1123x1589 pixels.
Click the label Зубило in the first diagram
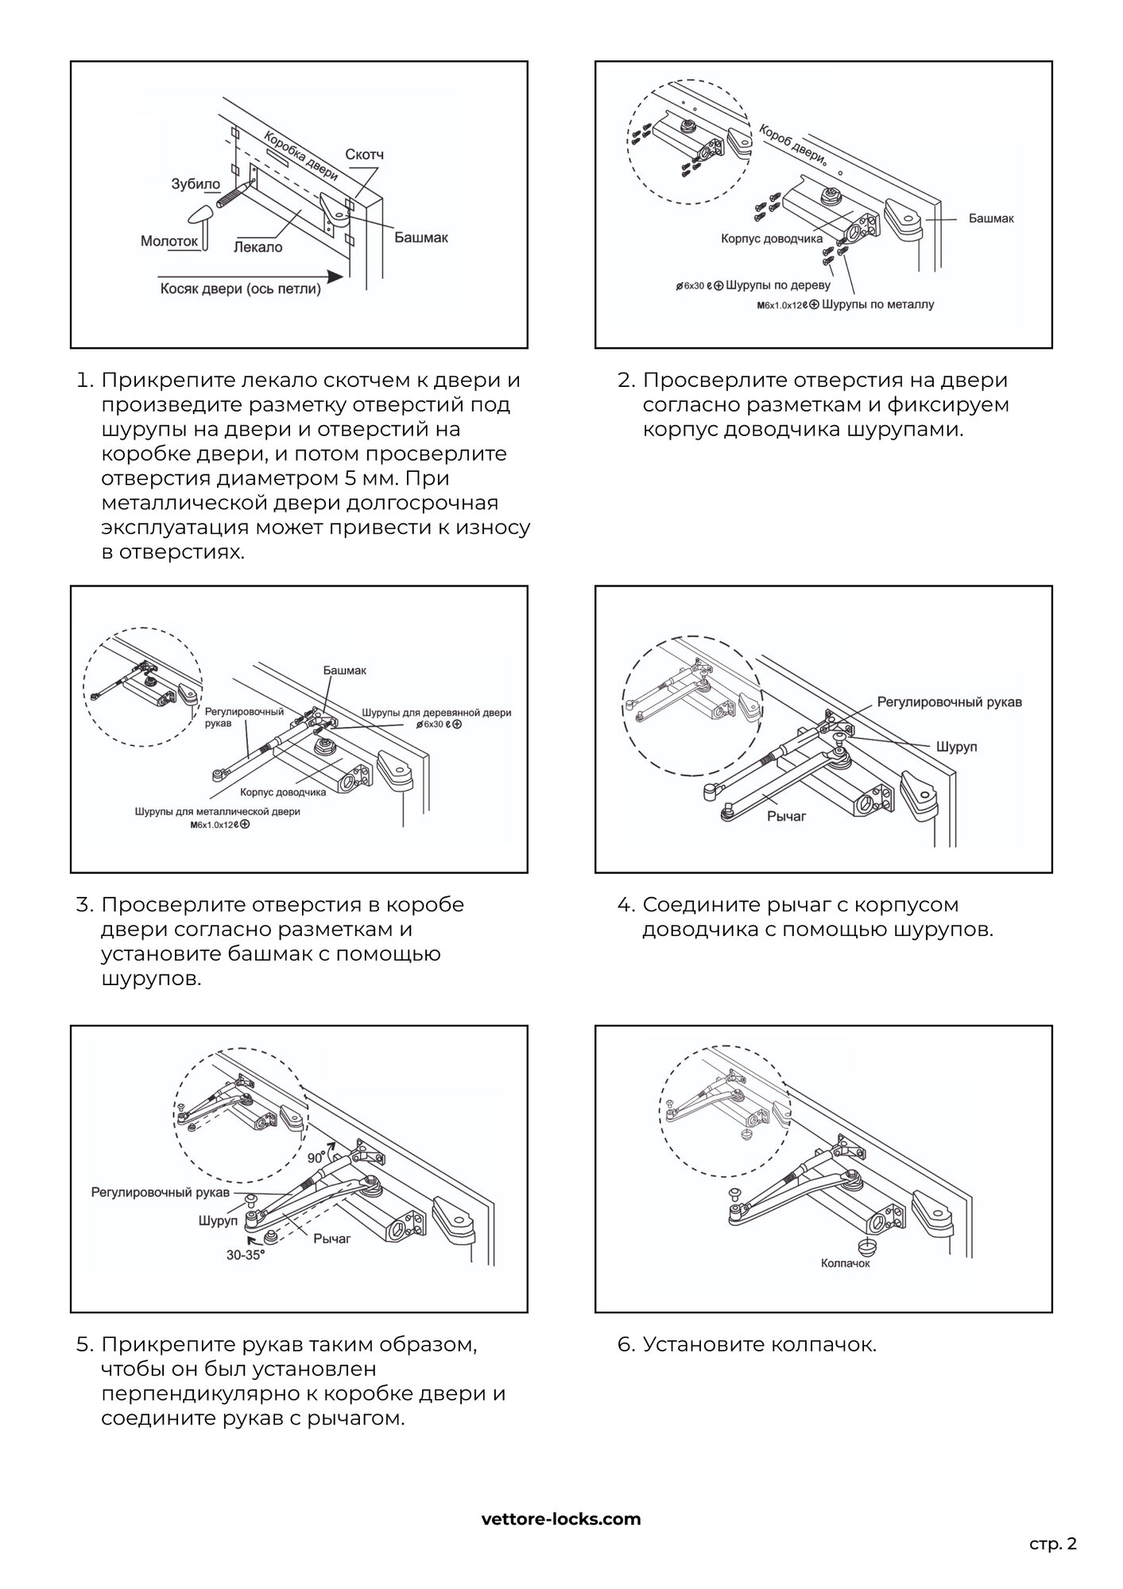(x=196, y=184)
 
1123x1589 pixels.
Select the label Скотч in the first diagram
(x=364, y=154)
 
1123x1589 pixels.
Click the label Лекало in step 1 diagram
(x=258, y=247)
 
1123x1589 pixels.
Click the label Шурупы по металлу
(x=877, y=304)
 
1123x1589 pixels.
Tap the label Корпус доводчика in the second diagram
(x=772, y=238)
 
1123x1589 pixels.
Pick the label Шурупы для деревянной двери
(x=436, y=713)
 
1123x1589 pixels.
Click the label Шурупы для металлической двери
(x=218, y=812)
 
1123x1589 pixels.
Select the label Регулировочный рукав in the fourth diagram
(x=949, y=702)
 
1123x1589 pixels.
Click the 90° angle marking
(x=316, y=1158)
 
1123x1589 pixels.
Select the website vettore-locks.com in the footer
(x=561, y=1518)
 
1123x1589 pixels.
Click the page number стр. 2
(x=1053, y=1544)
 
